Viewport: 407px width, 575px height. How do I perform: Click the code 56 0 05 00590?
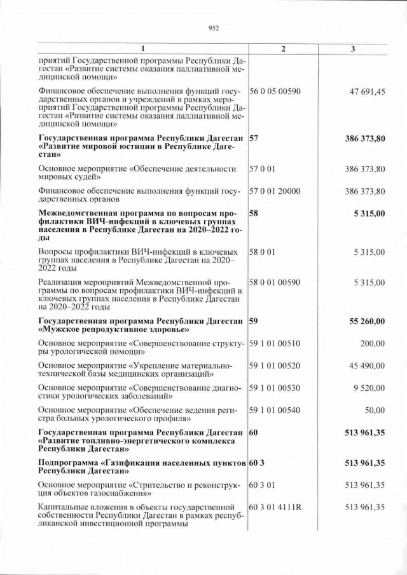coord(275,91)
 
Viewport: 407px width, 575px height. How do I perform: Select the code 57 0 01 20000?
coord(275,191)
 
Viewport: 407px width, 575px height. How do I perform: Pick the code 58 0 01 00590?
coord(275,282)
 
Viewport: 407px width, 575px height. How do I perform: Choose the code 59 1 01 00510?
coord(275,344)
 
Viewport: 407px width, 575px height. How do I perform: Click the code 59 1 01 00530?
coord(275,388)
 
